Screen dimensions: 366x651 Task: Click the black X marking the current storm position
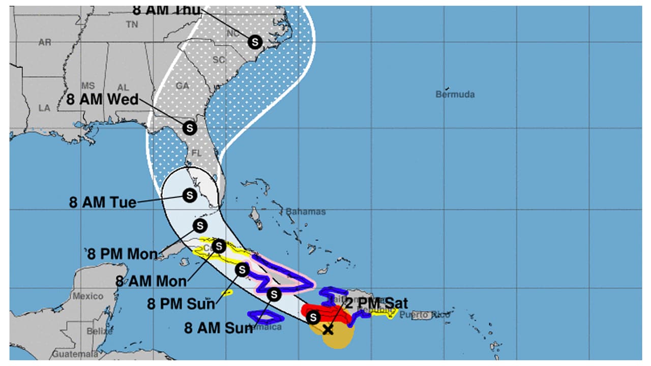(328, 330)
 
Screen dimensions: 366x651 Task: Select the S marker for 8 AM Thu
(255, 42)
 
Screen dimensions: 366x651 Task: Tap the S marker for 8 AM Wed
(189, 128)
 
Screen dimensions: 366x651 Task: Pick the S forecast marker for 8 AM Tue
(189, 195)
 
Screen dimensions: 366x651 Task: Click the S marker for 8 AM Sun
(274, 294)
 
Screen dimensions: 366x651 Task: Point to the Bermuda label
(455, 95)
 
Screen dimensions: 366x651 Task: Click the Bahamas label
(305, 211)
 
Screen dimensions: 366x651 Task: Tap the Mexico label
(87, 296)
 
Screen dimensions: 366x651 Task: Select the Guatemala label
(75, 354)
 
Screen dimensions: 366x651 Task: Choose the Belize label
(100, 331)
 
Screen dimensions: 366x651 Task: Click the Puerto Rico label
(424, 315)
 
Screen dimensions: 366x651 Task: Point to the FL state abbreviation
(197, 152)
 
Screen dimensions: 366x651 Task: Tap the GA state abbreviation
(183, 86)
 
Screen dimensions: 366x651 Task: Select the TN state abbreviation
(132, 24)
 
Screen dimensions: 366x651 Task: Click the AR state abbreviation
(45, 43)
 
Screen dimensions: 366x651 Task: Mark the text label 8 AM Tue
(103, 202)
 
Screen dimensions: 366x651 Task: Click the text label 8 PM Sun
(181, 304)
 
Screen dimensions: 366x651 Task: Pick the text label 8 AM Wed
(103, 100)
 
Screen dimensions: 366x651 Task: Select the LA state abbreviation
(44, 108)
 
